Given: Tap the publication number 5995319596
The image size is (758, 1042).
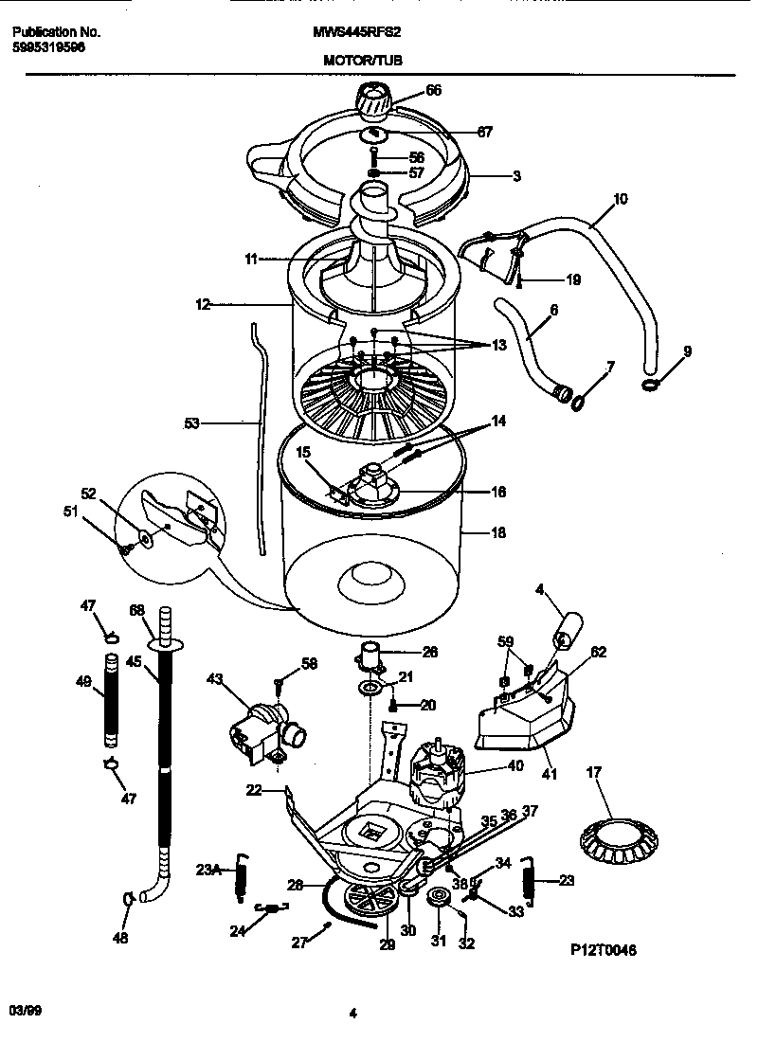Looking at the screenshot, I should click(x=49, y=46).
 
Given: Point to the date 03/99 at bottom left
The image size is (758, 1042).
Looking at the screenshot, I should click(x=26, y=1012).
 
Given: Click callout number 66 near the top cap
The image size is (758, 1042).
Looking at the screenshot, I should click(x=433, y=91).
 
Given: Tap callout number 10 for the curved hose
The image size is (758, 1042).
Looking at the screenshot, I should click(x=621, y=199).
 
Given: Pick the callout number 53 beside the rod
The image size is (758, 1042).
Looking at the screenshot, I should click(x=191, y=423).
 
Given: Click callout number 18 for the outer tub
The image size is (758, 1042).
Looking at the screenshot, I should click(x=498, y=532).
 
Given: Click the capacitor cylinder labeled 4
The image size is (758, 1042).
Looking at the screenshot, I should click(x=569, y=630).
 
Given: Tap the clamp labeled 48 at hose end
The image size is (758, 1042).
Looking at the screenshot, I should click(x=127, y=898).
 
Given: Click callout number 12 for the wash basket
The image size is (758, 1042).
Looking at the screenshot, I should click(x=202, y=305).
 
